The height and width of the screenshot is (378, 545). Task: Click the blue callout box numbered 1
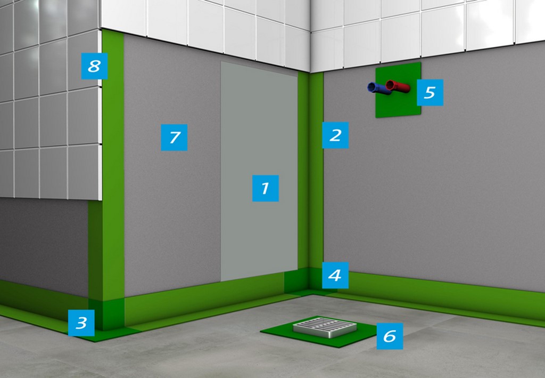click(x=265, y=188)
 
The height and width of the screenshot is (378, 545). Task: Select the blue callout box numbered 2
click(x=335, y=135)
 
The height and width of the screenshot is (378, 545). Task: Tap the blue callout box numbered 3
click(x=81, y=323)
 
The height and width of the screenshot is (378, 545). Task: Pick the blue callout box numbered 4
click(x=335, y=275)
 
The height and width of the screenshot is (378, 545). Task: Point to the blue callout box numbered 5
click(x=430, y=92)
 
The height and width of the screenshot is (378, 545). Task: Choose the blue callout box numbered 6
click(x=390, y=336)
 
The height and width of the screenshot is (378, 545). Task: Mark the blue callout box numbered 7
click(x=174, y=138)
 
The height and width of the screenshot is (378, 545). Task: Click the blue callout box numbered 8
click(x=94, y=66)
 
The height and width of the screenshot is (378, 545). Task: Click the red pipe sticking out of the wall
click(x=398, y=86)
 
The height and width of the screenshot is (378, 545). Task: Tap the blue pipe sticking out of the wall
click(x=378, y=88)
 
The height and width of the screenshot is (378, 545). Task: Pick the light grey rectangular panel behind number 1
click(x=259, y=171)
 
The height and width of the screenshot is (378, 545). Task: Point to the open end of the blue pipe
click(x=371, y=87)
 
